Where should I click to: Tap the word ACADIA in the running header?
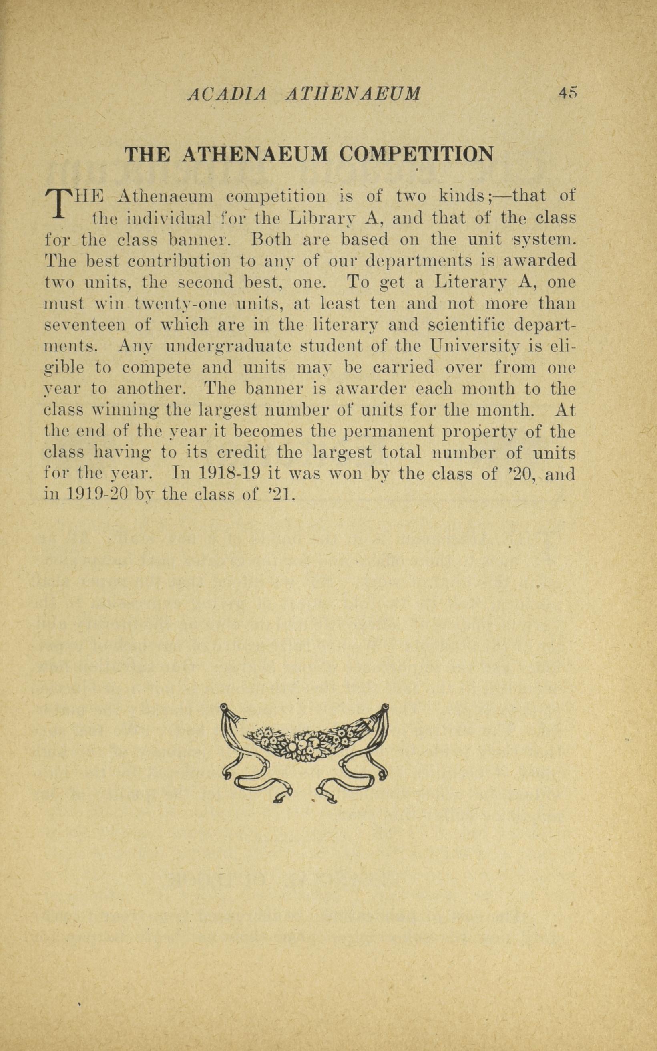226,94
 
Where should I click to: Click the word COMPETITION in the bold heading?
417,154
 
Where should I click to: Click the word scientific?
465,325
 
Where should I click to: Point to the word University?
474,347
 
